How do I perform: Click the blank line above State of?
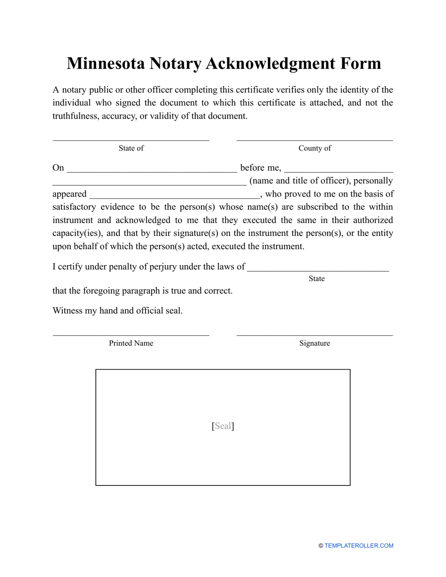tap(131, 139)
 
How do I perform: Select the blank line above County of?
tap(315, 139)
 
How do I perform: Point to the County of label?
tap(315, 148)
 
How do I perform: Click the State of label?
tap(131, 148)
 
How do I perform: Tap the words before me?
tap(261, 168)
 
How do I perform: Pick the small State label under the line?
tap(316, 279)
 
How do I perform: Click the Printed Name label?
tap(131, 343)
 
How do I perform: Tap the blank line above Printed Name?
tap(131, 335)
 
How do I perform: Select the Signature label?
tap(315, 343)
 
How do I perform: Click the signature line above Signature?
tap(315, 335)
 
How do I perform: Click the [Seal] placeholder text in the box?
tap(223, 426)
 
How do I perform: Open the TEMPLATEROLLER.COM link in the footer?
tap(359, 546)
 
